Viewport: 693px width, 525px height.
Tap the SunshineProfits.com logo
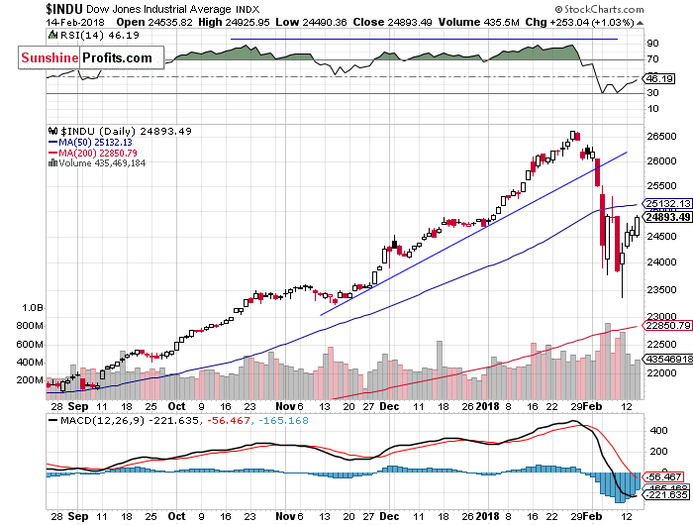(88, 58)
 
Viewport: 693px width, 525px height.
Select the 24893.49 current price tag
(666, 218)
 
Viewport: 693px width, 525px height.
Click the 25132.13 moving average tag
(666, 204)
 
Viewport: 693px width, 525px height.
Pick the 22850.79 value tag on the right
(666, 325)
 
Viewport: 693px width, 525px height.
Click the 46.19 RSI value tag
(659, 77)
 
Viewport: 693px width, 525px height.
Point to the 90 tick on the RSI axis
(653, 44)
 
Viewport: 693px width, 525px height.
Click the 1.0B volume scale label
(30, 309)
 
